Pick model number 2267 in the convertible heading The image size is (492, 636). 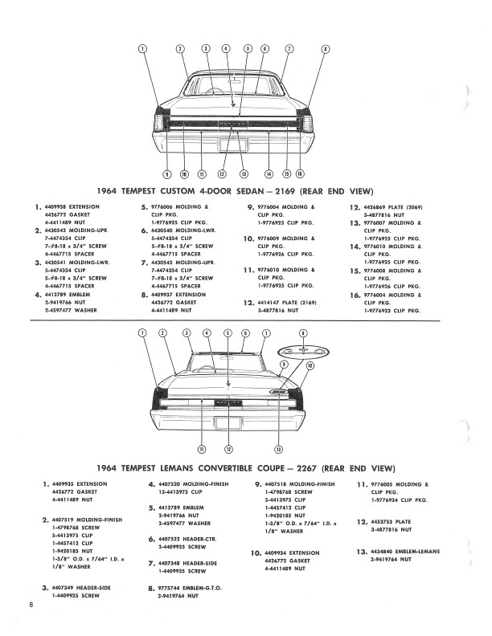[x=318, y=467]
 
